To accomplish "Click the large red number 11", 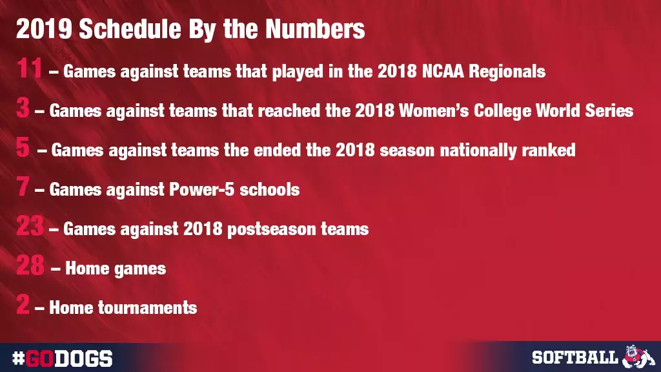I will [30, 68].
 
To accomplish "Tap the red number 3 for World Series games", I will [23, 108].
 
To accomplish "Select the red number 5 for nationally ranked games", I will [23, 148].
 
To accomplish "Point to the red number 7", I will [23, 187].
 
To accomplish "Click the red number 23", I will [30, 226].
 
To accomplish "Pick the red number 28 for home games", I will [30, 265].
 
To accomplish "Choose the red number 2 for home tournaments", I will [23, 304].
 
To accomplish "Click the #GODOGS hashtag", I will [63, 358].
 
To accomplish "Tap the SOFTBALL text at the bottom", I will [575, 357].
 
